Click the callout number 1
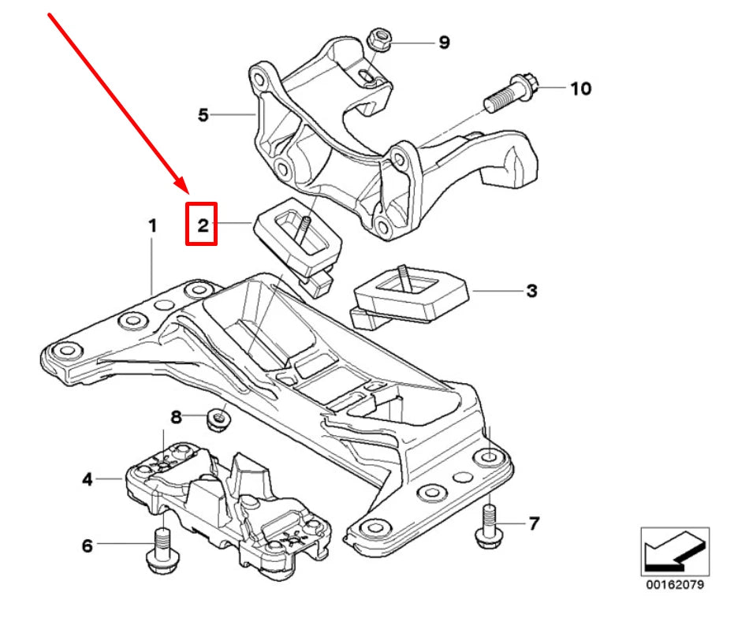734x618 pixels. coord(153,226)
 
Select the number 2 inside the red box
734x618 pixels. coord(202,226)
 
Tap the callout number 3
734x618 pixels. coord(531,291)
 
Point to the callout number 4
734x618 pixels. coord(88,478)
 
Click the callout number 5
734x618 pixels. coord(203,115)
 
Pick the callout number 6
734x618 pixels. coord(88,545)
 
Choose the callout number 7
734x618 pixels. coord(534,523)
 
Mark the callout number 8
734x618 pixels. coord(177,416)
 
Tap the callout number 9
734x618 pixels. coord(444,42)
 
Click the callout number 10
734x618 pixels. coord(580,88)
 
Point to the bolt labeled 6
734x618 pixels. coord(160,550)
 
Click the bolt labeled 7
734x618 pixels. coord(488,526)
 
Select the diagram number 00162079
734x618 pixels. coord(675,586)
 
